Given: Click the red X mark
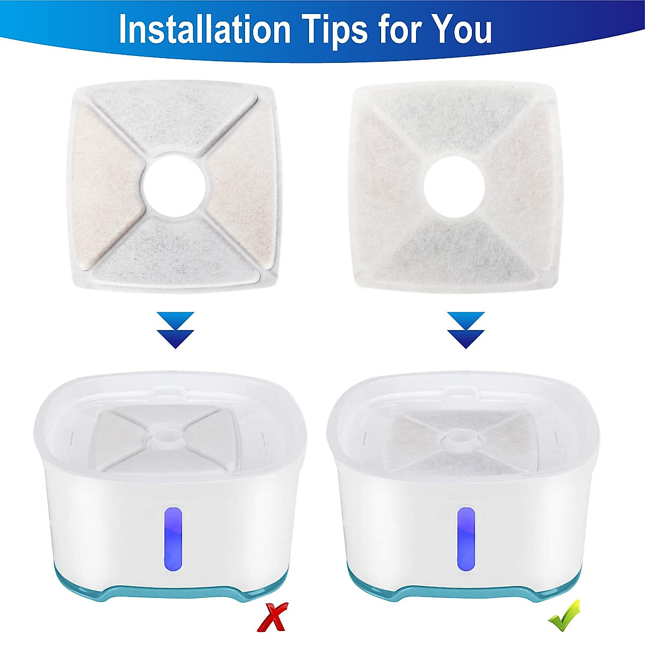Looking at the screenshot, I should pos(272,617).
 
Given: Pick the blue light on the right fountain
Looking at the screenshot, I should pos(465,538).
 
